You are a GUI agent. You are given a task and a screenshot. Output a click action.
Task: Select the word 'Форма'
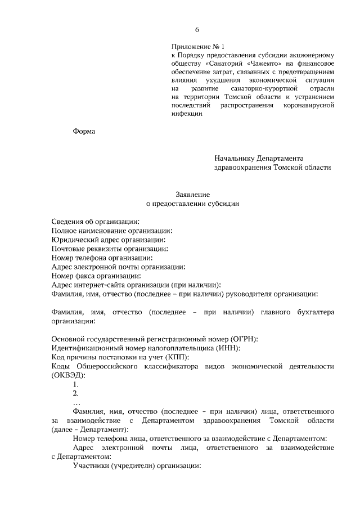click(x=84, y=131)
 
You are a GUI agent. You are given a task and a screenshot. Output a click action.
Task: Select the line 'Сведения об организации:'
click(x=95, y=222)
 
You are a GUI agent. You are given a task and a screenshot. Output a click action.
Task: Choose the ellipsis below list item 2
click(x=76, y=403)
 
